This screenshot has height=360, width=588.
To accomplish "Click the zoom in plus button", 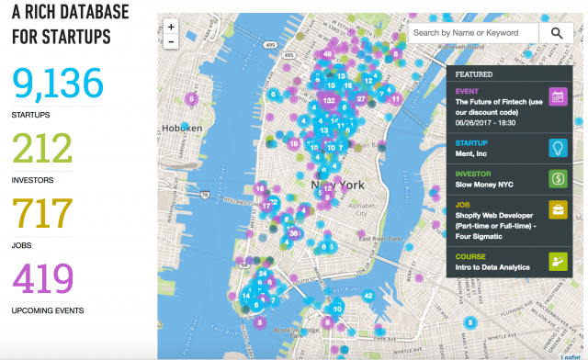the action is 171,27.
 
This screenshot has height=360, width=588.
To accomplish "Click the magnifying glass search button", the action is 557,33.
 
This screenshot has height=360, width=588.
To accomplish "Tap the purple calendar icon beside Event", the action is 557,97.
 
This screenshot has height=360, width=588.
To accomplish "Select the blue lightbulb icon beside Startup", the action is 557,149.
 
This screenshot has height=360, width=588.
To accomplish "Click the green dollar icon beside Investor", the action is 557,179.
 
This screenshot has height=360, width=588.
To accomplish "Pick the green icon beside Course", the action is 557,262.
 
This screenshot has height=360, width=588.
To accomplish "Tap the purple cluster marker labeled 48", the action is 328,54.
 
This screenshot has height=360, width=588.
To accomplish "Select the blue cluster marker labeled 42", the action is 368,296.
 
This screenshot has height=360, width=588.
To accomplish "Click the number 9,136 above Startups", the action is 58,84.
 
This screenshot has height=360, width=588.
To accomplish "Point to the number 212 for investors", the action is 42,148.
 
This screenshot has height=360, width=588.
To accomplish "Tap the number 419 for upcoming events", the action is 43,278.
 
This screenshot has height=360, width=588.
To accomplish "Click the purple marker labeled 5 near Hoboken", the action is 191,98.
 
